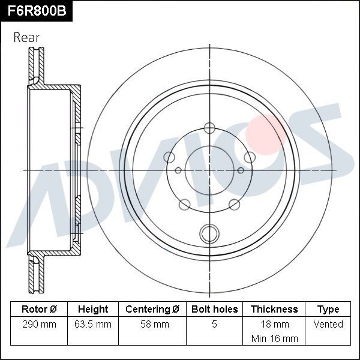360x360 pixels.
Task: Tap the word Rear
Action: pos(26,37)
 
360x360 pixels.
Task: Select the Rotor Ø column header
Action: pos(39,309)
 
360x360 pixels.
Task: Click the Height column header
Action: pos(93,309)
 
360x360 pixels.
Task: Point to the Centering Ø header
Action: pos(152,309)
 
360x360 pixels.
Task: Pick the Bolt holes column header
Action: pos(214,309)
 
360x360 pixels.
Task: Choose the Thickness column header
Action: pos(274,309)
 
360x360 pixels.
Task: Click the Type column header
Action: pos(328,309)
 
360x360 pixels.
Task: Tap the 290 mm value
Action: pos(39,324)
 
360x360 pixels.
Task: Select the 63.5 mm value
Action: pos(93,324)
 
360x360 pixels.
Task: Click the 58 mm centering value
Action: pos(152,324)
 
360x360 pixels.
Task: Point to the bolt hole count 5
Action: pos(214,324)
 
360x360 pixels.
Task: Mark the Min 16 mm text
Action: pos(274,338)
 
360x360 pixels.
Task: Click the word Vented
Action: pos(328,324)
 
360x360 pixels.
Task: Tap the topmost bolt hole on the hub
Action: pos(209,127)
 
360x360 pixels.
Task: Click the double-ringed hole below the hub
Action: pos(209,232)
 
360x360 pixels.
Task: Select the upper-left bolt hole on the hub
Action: pos(170,157)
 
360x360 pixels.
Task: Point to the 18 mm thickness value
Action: pos(274,324)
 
